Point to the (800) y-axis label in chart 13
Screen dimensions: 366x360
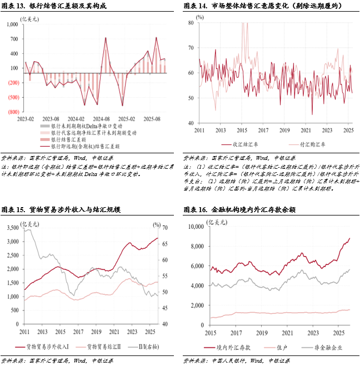tap(13, 111)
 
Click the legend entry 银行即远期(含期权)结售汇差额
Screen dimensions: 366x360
tap(89, 147)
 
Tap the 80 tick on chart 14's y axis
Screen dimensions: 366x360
tap(190, 23)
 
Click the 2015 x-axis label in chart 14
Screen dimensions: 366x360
tap(241, 130)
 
